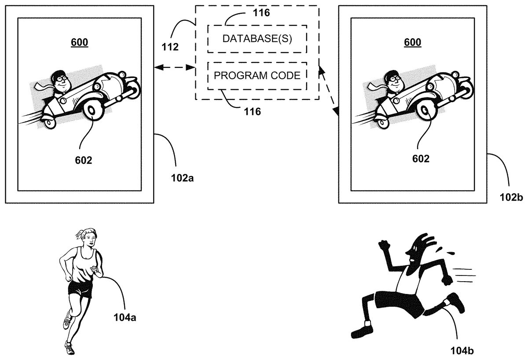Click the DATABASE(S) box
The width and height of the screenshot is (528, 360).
point(257,39)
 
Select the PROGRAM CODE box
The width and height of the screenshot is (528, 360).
point(257,75)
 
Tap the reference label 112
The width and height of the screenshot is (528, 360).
point(169,47)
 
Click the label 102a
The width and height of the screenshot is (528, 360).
point(182,179)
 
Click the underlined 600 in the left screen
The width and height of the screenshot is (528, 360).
point(79,42)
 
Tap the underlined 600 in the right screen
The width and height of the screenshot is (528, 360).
point(412,42)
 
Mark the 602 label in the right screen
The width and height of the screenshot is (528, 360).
point(421,159)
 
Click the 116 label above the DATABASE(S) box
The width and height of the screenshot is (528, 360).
point(261,12)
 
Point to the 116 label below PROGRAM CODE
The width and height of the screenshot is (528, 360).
point(253,111)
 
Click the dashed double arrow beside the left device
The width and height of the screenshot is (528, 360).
point(174,67)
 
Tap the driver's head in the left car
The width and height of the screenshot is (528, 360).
point(60,81)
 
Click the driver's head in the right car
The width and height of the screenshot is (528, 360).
point(393,81)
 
